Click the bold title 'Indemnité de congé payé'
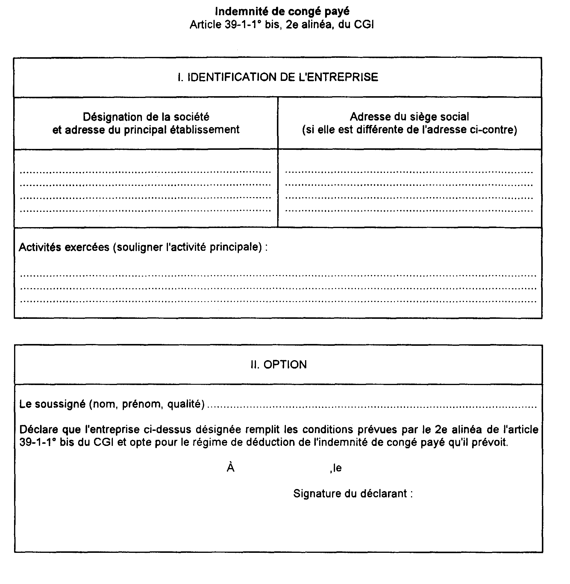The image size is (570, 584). tap(282, 12)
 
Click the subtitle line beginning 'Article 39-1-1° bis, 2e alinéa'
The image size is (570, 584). tap(282, 25)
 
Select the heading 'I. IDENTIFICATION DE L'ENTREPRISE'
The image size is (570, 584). tap(278, 77)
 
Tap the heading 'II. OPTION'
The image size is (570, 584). tap(278, 365)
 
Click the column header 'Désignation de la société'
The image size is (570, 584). tap(146, 117)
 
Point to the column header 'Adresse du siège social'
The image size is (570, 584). tap(409, 117)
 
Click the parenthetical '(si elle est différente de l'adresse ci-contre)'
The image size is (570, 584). tap(409, 130)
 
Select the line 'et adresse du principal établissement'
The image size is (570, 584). tap(146, 130)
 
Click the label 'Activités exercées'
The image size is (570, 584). tap(64, 247)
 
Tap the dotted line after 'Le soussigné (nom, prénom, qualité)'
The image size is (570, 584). tap(371, 407)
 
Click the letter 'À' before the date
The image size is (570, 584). tap(230, 468)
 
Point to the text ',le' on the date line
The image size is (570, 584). tap(336, 468)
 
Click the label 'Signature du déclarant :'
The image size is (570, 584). tap(353, 494)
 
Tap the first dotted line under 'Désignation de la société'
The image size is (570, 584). tap(145, 172)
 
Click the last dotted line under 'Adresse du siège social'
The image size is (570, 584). tap(409, 211)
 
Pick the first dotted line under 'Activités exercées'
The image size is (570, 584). tap(278, 275)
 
